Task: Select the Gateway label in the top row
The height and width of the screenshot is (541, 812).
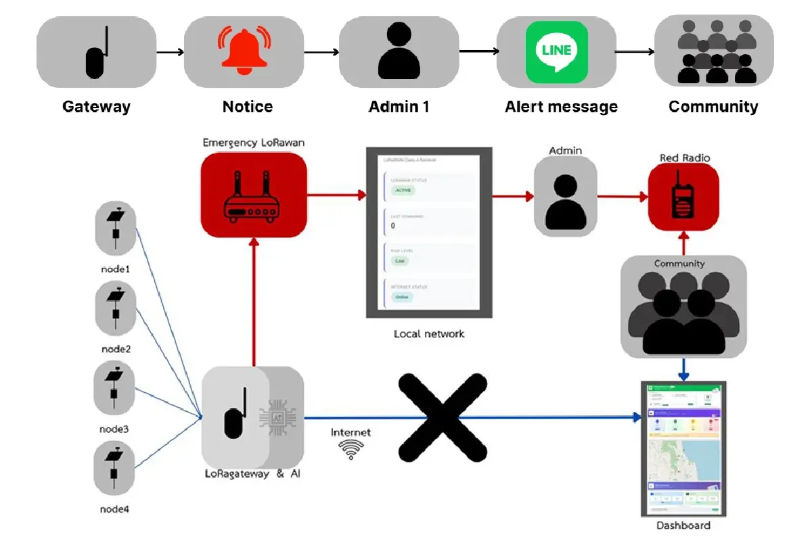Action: [x=96, y=107]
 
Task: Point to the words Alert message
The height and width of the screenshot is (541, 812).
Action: [x=561, y=107]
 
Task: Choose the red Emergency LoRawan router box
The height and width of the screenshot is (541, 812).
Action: [x=253, y=195]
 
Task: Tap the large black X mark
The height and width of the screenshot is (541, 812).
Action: [x=442, y=417]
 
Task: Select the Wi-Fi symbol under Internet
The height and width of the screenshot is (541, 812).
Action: [x=351, y=449]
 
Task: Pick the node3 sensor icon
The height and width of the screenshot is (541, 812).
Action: [x=116, y=387]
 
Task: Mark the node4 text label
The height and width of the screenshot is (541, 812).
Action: [x=115, y=509]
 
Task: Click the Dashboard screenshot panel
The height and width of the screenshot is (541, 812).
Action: [x=683, y=448]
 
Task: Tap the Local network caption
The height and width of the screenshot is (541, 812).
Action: [x=429, y=334]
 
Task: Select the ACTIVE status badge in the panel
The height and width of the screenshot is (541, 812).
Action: [x=403, y=191]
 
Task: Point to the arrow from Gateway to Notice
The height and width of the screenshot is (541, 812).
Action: [x=170, y=52]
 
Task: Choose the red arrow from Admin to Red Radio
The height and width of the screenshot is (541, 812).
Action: [x=623, y=197]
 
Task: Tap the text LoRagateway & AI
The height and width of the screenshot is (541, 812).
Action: [x=252, y=474]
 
